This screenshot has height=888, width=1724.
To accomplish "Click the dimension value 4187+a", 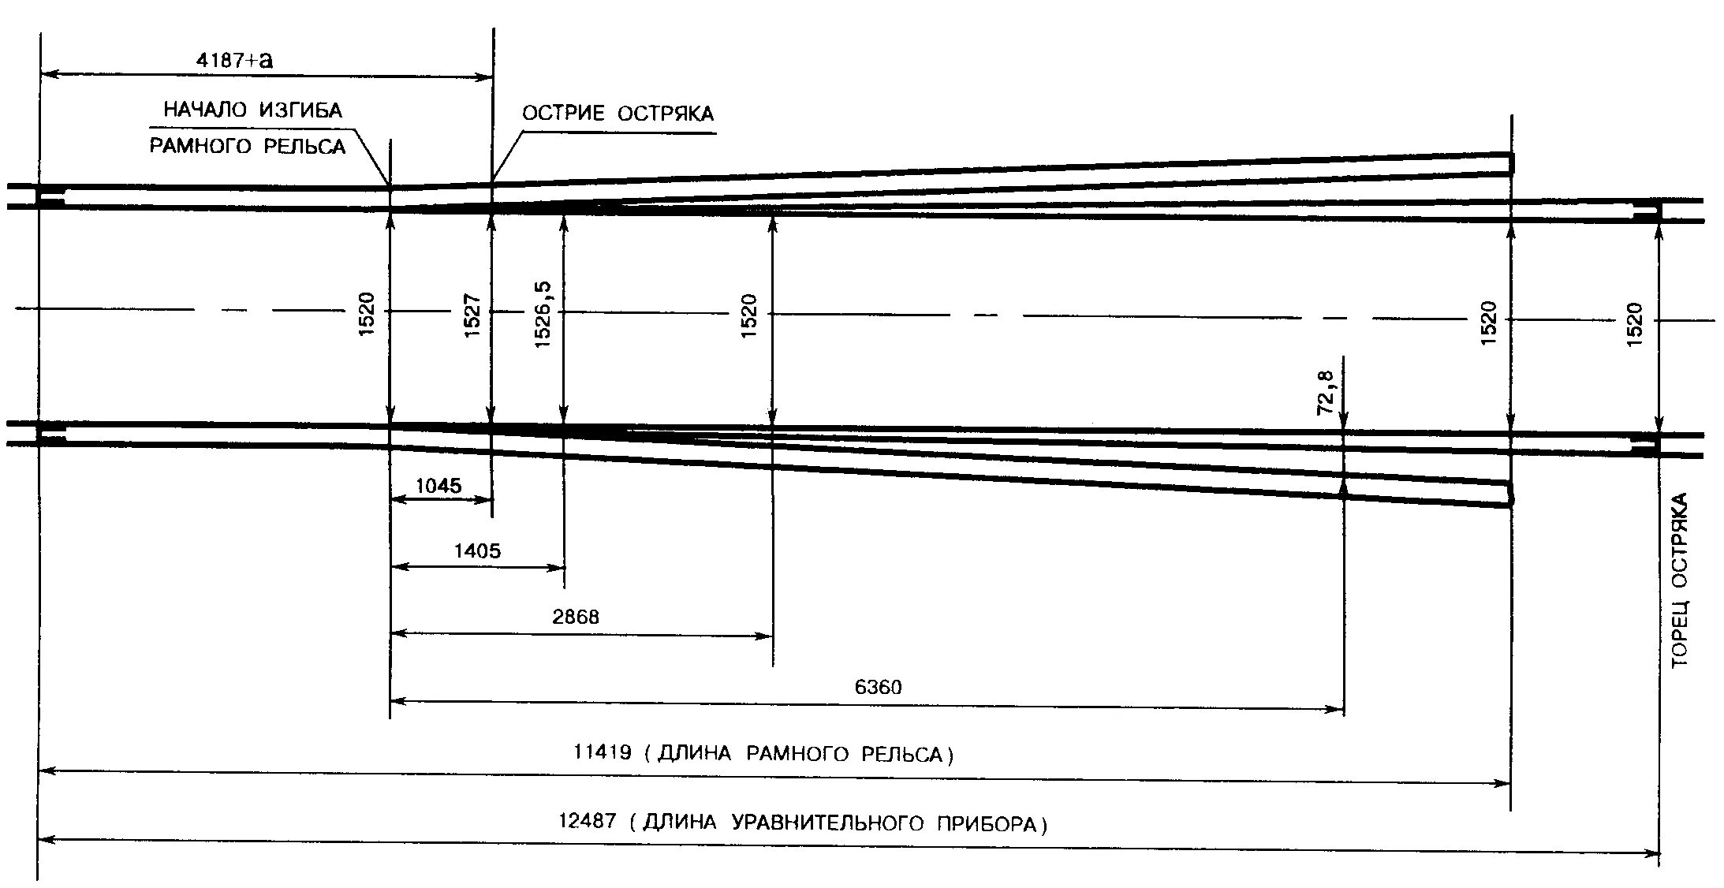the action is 234,60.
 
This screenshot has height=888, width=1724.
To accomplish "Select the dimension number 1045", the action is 438,486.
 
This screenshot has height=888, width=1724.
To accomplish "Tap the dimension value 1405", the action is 477,550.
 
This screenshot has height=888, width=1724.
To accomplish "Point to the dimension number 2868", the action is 576,617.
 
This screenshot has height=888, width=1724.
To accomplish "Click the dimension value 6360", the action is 878,687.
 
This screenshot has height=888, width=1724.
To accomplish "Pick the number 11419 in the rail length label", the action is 602,752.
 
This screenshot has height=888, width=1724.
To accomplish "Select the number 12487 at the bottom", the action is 587,821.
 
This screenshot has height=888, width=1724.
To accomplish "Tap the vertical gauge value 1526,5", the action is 543,315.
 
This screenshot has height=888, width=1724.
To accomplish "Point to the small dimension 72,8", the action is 1326,392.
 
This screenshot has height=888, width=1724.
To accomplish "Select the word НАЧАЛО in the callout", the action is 204,110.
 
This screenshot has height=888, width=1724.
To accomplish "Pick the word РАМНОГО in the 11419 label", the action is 796,755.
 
